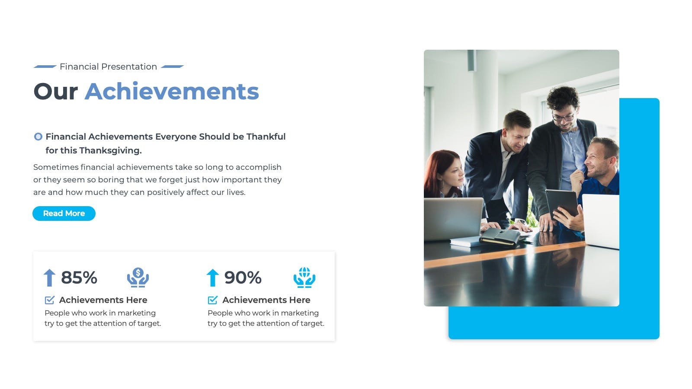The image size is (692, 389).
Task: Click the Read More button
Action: click(x=64, y=214)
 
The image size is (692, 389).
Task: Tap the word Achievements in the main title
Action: click(x=172, y=91)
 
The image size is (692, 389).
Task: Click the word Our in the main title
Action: click(x=56, y=92)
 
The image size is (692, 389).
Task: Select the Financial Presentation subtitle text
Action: click(x=108, y=67)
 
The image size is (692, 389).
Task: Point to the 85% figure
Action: click(x=79, y=277)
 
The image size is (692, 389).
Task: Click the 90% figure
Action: click(x=243, y=277)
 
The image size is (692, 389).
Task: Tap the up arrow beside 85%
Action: click(x=49, y=277)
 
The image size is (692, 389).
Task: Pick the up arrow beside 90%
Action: click(x=212, y=277)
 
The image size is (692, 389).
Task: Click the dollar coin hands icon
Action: click(x=138, y=277)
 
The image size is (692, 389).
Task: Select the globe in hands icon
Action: click(x=304, y=277)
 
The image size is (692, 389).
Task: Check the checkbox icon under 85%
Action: click(x=49, y=300)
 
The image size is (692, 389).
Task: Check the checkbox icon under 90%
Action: click(x=212, y=300)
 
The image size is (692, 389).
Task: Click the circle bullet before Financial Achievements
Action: click(x=38, y=137)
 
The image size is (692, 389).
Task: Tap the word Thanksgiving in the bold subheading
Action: click(x=110, y=151)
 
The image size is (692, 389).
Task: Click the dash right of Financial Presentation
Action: click(x=173, y=67)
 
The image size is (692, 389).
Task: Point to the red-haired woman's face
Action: click(x=452, y=175)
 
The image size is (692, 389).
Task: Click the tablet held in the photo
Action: click(x=562, y=203)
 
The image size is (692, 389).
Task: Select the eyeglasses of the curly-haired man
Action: click(x=563, y=117)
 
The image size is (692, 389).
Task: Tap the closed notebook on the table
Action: click(x=500, y=237)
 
